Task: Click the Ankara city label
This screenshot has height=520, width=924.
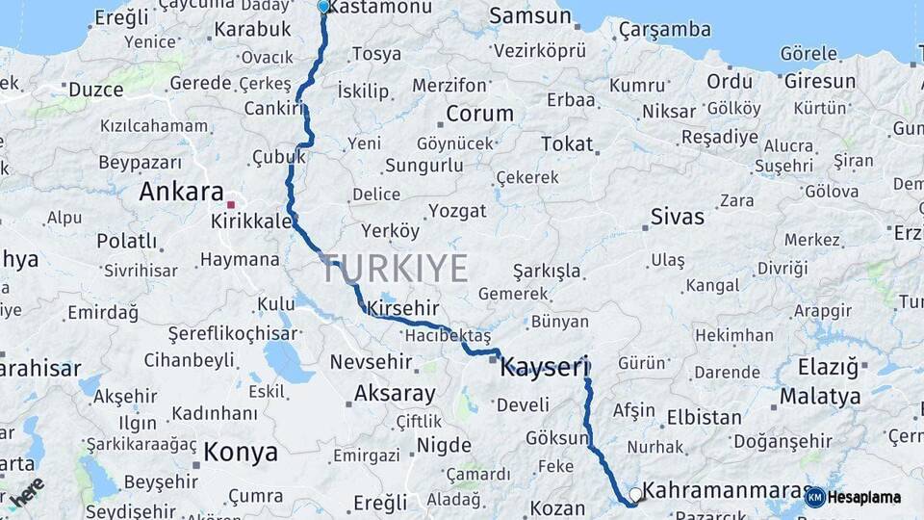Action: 181,192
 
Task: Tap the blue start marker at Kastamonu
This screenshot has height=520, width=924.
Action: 323,7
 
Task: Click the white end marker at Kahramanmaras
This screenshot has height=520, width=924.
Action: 635,495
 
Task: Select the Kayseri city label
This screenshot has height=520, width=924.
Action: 544,366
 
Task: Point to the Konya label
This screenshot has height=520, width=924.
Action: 241,452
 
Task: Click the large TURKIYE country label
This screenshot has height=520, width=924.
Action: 395,269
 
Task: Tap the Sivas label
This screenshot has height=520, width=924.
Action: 678,217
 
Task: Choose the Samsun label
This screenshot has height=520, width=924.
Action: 530,15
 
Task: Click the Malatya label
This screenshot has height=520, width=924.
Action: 820,396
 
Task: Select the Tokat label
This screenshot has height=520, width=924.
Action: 567,143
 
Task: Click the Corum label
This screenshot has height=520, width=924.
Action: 480,114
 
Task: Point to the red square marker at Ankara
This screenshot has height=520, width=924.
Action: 230,204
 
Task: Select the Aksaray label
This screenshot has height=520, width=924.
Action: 395,393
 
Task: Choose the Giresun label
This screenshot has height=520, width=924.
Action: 820,81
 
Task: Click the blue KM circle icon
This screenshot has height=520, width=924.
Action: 814,498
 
